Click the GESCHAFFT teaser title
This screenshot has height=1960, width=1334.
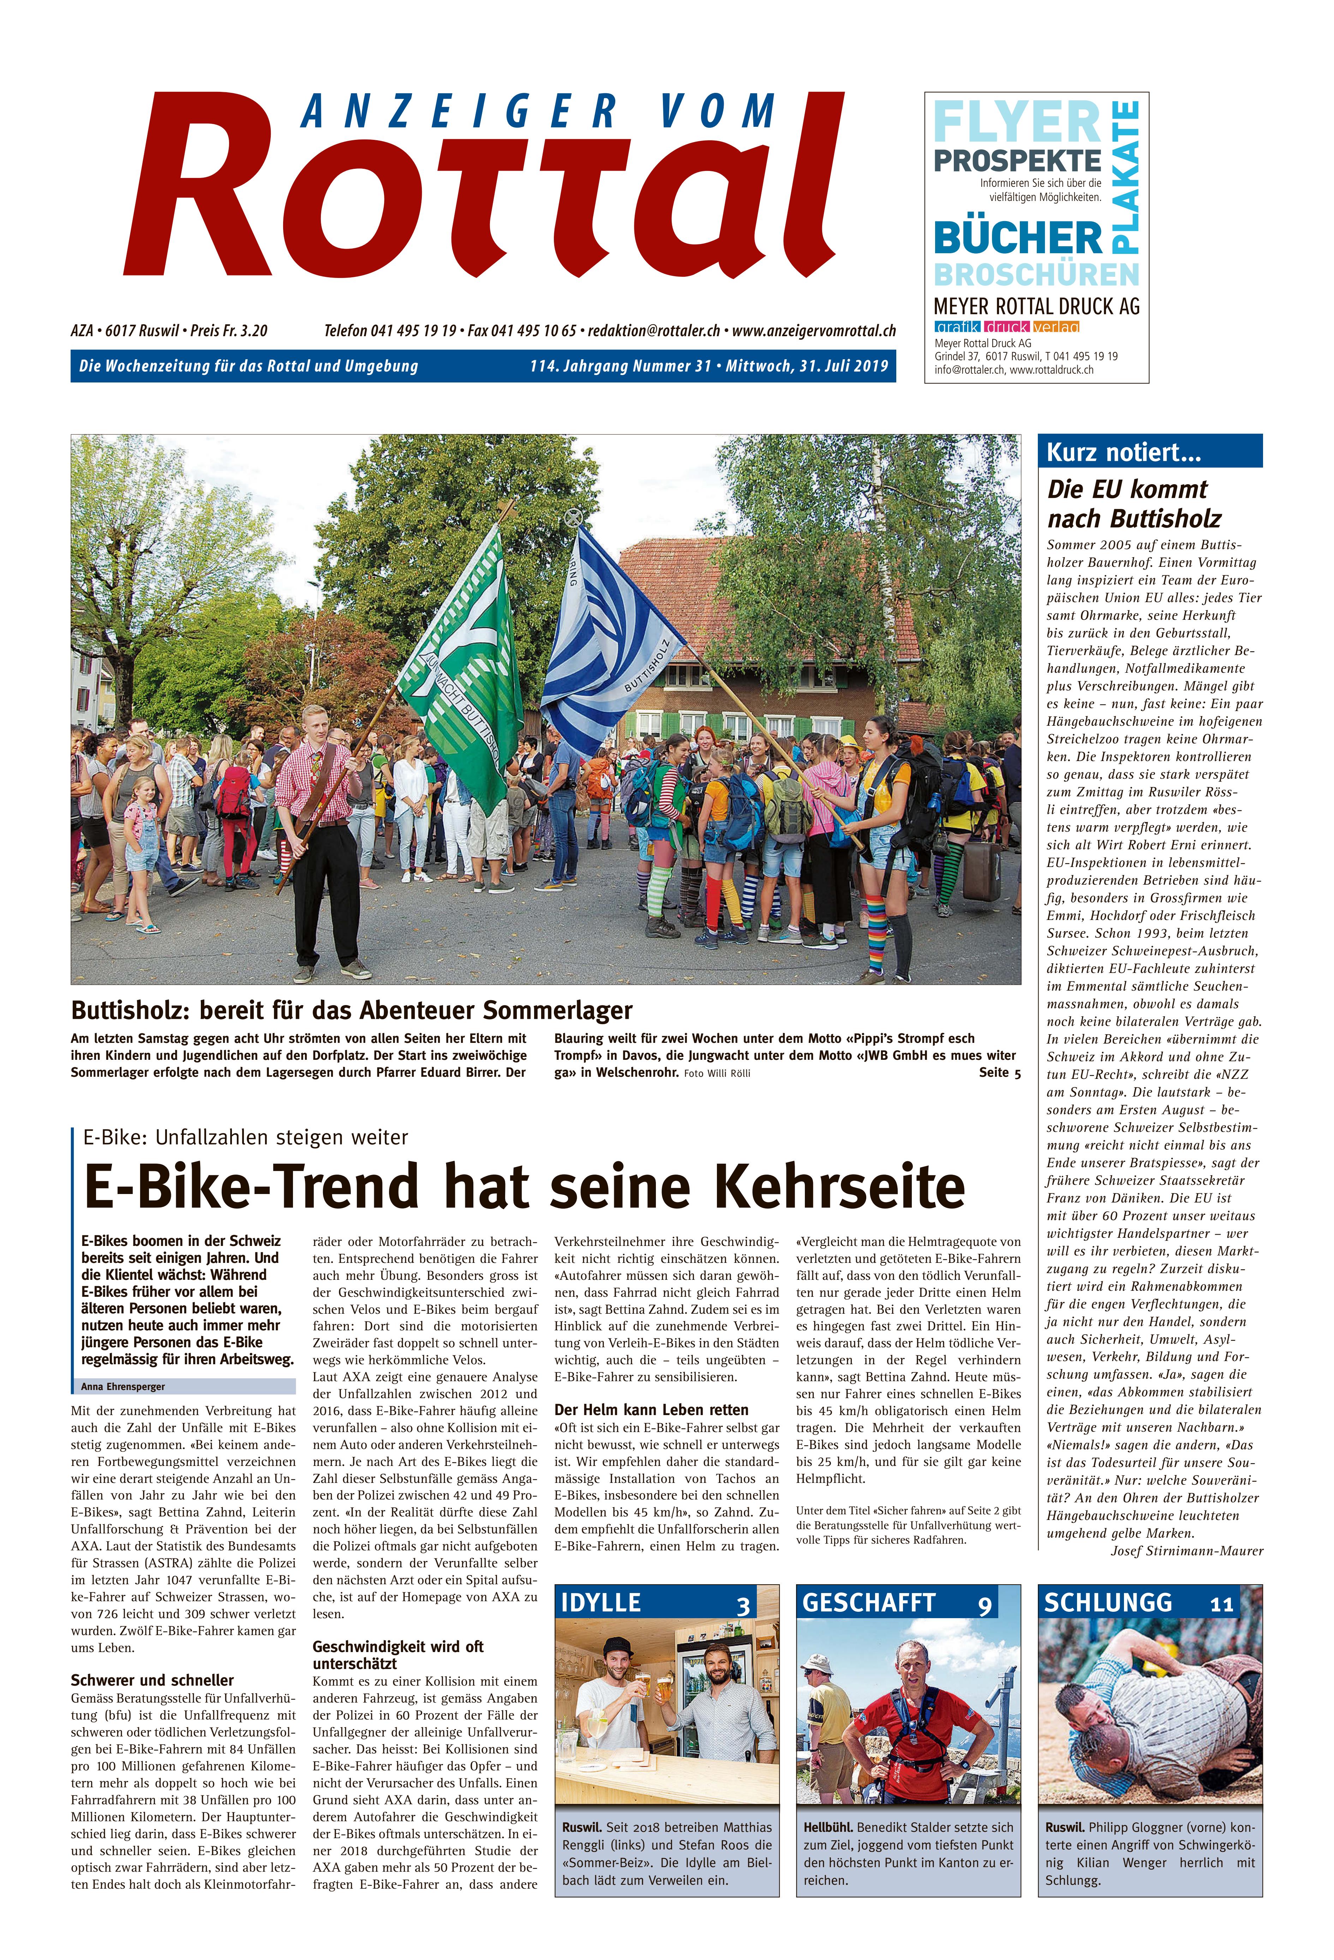868,1602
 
